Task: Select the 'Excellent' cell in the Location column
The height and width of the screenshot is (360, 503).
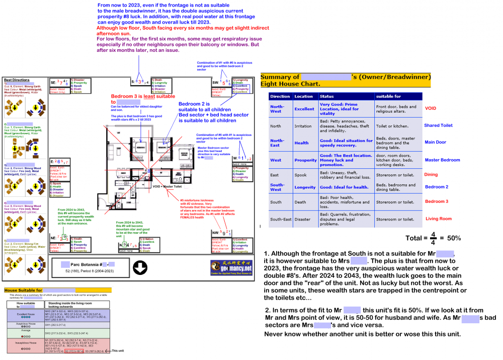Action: coord(304,109)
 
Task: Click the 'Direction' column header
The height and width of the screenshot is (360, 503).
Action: coord(280,96)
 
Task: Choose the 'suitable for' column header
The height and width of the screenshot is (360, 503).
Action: coord(389,96)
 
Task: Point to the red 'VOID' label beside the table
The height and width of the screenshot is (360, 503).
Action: coord(431,108)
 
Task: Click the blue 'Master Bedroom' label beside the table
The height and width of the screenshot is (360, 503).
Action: coord(442,160)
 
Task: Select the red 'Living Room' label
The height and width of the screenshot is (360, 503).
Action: coord(439,219)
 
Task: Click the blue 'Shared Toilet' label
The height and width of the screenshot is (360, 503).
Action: coord(439,125)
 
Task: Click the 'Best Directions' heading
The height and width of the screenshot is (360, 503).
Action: coord(16,80)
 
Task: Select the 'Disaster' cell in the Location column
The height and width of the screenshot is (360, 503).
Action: coord(303,219)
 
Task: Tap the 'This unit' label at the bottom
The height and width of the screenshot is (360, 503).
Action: coord(119,350)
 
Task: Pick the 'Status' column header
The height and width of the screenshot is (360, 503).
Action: coord(327,96)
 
